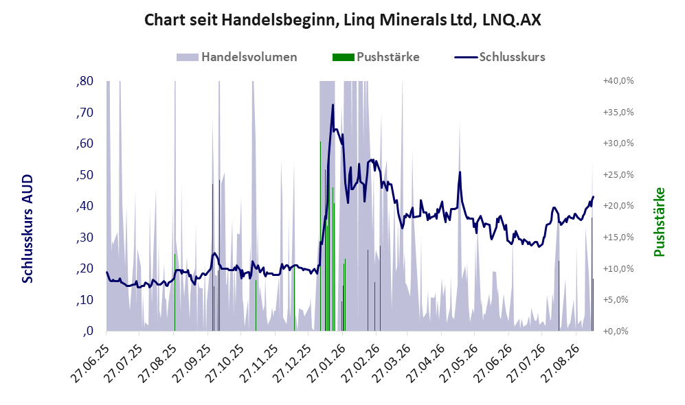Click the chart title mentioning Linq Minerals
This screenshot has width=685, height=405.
tap(342, 20)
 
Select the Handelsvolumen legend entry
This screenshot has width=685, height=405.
tap(237, 57)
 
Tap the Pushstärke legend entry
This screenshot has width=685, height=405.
tap(376, 57)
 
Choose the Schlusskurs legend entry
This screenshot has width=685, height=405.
tap(499, 57)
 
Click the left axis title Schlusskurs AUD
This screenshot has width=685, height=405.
tap(27, 229)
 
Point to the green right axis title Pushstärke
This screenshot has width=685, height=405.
tap(659, 222)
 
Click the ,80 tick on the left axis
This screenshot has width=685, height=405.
tap(85, 81)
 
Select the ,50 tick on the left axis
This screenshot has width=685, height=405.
tap(85, 174)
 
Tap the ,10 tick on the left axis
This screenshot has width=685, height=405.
tap(85, 300)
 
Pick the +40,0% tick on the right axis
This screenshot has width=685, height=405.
tap(618, 81)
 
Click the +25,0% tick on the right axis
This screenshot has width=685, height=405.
tap(618, 174)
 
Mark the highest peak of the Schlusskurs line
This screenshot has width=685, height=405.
tap(333, 105)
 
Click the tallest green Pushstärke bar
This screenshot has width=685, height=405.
tap(320, 236)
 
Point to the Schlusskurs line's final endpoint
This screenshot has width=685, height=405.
tap(593, 197)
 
